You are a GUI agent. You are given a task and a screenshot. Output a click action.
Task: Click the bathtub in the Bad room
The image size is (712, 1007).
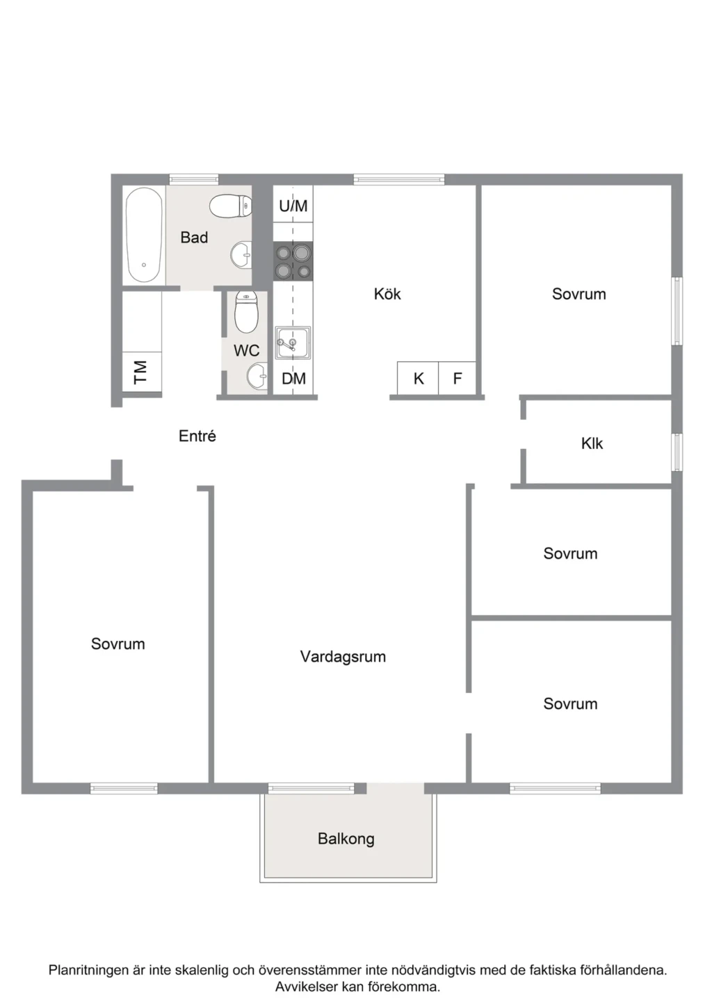[x=144, y=235]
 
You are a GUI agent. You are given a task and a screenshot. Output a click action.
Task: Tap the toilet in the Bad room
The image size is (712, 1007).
[x=230, y=206]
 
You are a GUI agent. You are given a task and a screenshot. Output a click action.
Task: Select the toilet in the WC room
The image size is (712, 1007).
[x=246, y=312]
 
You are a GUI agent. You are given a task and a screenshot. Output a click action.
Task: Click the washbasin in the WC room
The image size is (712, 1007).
[x=257, y=376]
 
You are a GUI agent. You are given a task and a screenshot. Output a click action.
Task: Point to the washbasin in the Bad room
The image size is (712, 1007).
[x=241, y=255]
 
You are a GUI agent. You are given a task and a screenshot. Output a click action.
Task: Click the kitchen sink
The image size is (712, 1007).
[x=293, y=343]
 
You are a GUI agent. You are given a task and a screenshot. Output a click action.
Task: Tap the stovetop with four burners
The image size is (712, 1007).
[x=293, y=261]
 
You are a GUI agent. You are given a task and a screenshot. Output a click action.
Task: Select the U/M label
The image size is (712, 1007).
[x=293, y=206]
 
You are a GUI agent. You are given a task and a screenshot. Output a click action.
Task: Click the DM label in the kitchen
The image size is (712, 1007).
[x=293, y=379]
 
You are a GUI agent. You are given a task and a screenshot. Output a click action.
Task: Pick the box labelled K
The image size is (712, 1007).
[x=418, y=378]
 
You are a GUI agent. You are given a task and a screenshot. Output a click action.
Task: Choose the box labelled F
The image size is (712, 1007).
[x=457, y=378]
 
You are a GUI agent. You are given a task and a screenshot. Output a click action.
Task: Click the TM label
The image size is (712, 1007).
[x=140, y=372]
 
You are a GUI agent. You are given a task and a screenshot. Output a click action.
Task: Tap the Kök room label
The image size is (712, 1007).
[x=387, y=294]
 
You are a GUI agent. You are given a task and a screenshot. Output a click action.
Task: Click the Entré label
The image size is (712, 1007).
[x=197, y=436]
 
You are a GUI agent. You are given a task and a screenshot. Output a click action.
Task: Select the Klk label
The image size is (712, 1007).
[x=592, y=443]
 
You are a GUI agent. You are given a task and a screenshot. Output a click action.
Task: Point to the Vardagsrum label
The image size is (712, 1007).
[x=343, y=656]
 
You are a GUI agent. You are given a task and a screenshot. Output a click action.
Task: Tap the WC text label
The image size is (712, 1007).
[x=246, y=351]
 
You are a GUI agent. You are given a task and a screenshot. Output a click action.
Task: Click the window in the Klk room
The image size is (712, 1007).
[x=677, y=452]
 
